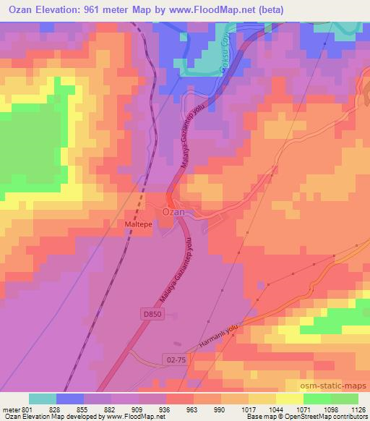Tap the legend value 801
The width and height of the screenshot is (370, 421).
pos(28,409)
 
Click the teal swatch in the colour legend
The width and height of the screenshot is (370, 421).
pos(43,399)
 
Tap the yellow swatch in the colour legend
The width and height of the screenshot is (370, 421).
pos(290,399)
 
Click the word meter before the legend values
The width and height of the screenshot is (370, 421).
pos(10,409)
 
